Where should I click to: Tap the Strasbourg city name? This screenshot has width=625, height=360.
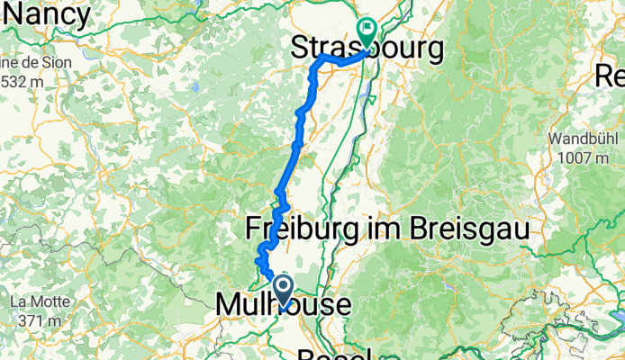click(369, 50)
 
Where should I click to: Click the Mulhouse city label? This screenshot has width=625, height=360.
click(284, 305)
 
